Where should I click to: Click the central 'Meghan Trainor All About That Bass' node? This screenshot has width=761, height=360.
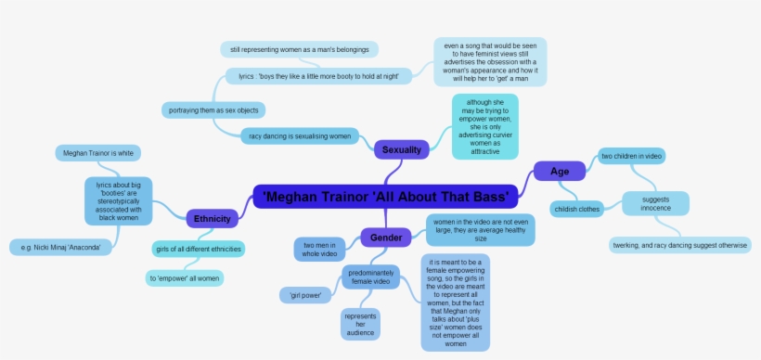point(385,197)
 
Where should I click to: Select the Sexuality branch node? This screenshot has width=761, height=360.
point(402,148)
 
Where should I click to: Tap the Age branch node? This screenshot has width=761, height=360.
point(560,171)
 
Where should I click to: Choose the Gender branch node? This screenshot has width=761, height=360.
point(386,238)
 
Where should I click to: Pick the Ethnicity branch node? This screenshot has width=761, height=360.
point(212,218)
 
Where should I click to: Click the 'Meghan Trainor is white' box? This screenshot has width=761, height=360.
point(98,152)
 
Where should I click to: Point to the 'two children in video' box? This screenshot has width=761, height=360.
point(632,156)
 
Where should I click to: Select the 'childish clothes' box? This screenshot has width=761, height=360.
point(576,209)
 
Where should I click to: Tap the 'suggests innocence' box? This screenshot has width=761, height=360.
point(655,202)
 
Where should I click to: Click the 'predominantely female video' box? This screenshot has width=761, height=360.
point(372,277)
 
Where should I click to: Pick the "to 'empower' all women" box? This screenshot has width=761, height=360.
point(185,277)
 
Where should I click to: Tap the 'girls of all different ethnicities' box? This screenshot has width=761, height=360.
point(199,249)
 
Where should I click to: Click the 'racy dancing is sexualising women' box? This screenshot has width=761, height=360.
point(300,135)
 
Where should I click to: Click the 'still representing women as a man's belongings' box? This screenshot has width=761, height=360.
point(300,49)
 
